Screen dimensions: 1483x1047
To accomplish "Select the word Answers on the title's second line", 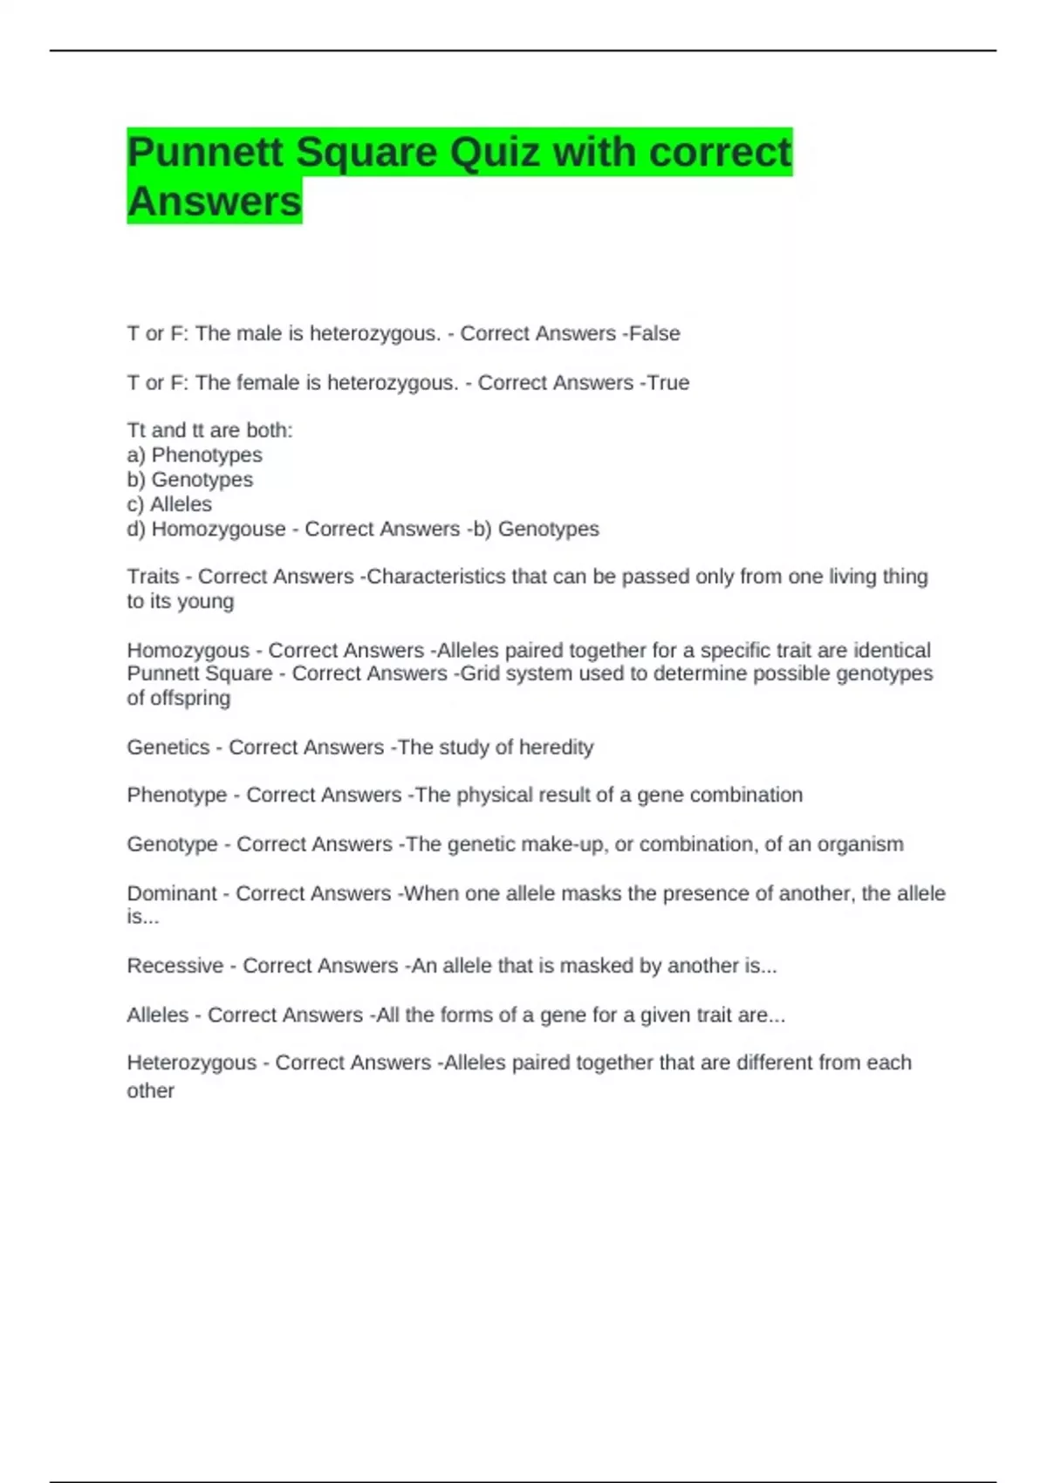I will pos(214,201).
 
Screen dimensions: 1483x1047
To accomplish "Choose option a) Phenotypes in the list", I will pos(195,454).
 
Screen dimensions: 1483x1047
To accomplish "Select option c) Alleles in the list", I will pos(169,504).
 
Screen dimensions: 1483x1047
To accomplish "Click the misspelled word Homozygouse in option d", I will pos(218,529).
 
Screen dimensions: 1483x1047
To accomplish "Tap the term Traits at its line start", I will pos(153,577).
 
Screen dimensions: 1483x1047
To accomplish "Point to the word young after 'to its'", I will pos(207,601).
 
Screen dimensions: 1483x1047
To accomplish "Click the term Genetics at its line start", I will pos(168,747).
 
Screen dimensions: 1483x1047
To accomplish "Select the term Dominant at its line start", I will pos(171,893).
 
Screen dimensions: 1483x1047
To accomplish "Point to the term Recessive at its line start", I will pos(174,966).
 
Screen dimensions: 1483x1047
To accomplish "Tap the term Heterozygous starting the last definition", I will pos(191,1063).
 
